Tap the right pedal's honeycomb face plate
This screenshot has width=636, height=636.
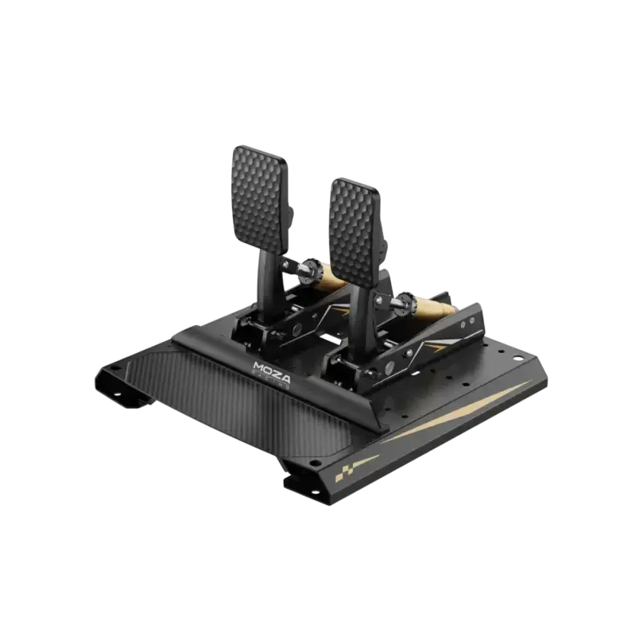(355, 227)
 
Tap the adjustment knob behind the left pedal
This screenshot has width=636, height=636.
(306, 270)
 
